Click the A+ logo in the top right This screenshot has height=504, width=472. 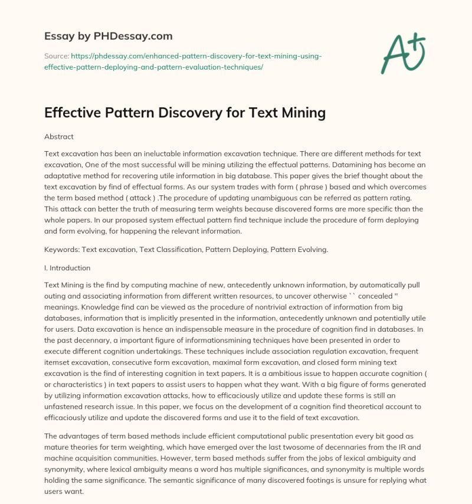point(402,53)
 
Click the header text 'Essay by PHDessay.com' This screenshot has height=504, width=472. point(109,36)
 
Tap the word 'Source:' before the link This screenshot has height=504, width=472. point(56,56)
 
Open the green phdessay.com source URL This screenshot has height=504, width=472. point(183,61)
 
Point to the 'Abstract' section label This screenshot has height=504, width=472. point(59,136)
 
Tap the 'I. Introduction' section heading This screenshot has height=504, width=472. point(67,267)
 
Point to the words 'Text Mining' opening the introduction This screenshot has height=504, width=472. point(63,284)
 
